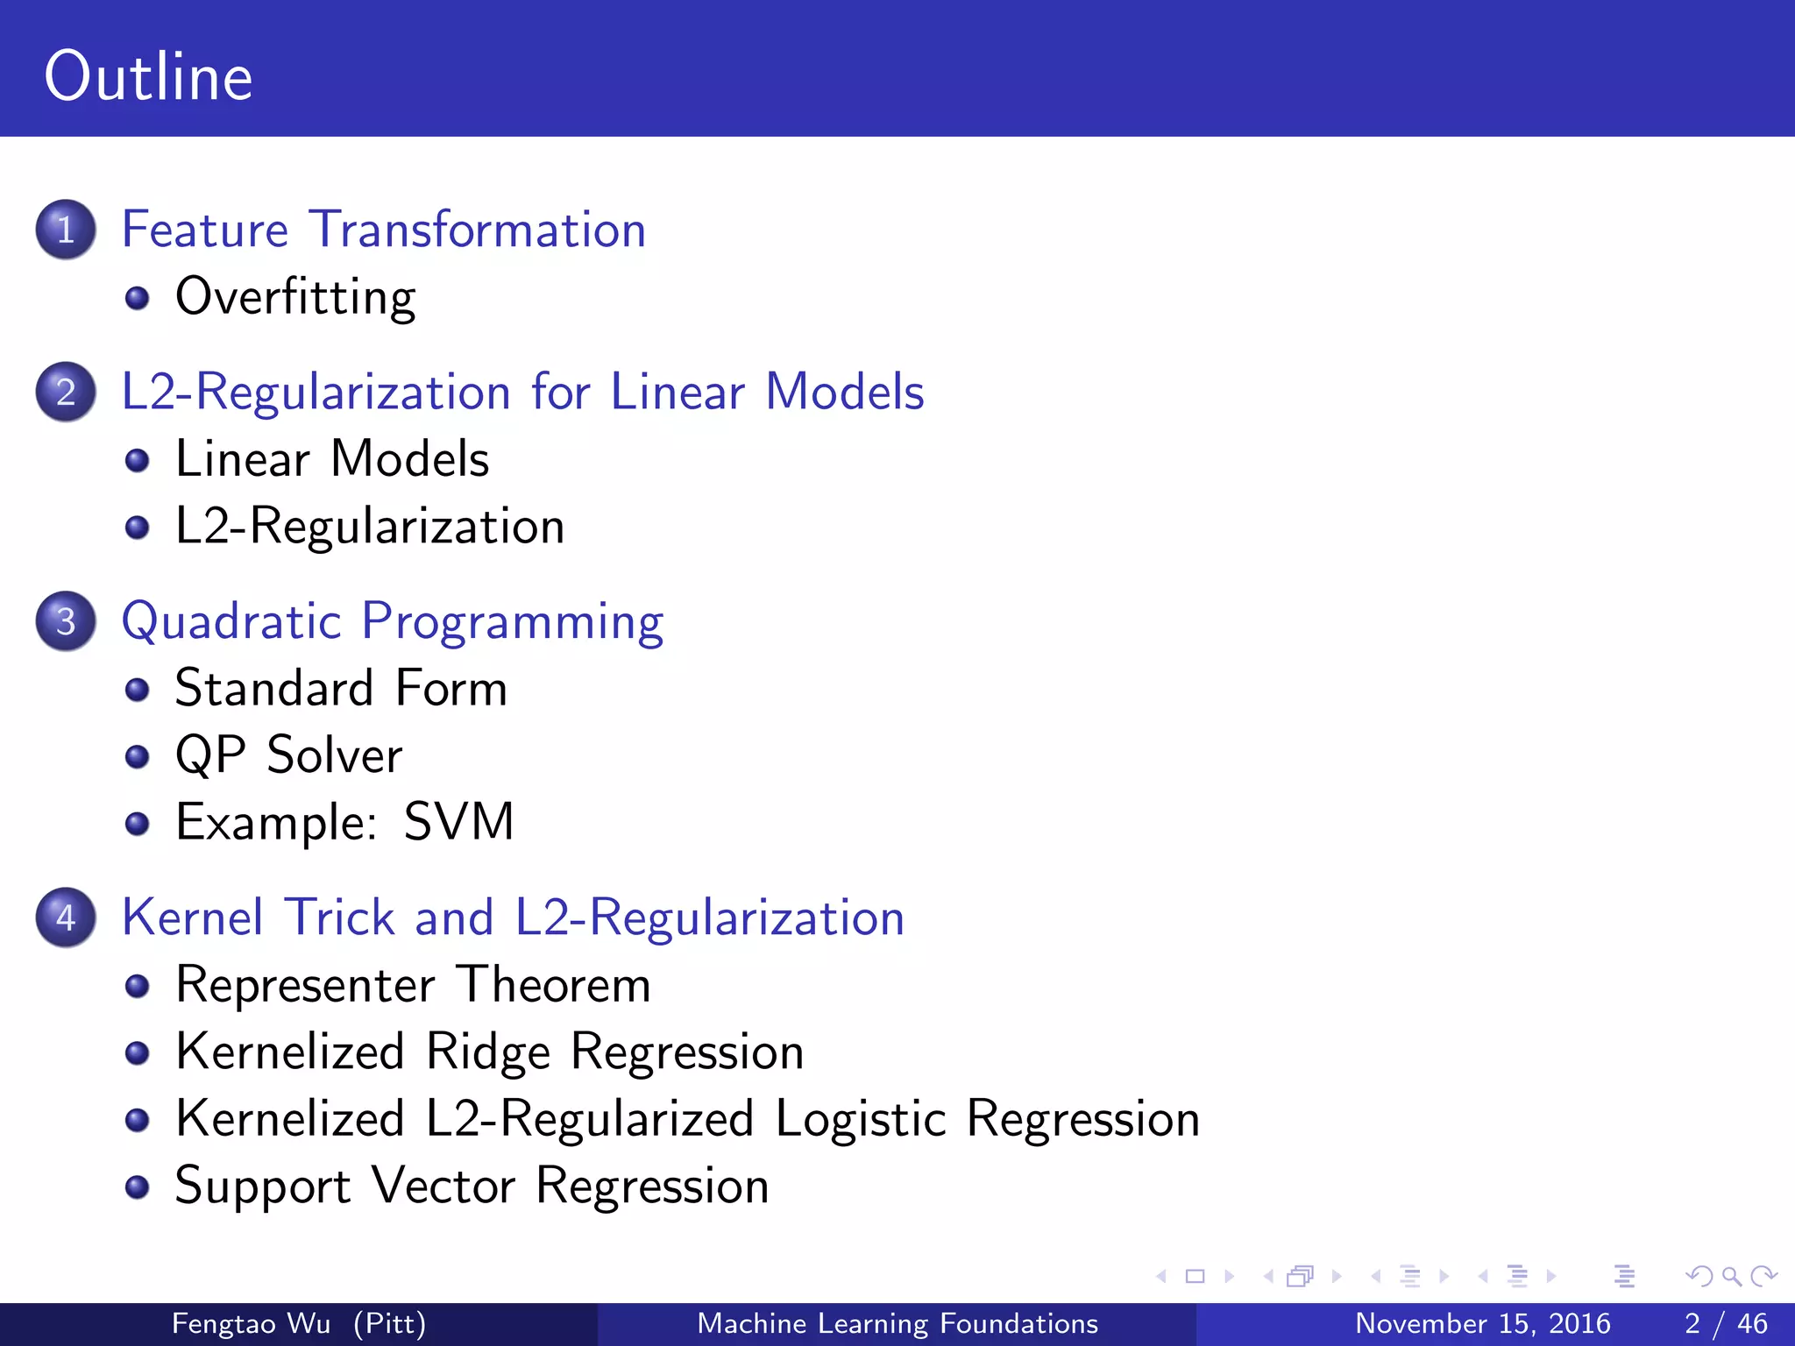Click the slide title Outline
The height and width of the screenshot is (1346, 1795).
tap(148, 77)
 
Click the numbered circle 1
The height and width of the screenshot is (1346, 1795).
tap(66, 230)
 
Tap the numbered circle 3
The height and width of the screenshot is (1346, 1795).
tap(66, 621)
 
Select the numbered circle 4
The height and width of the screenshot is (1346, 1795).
tap(66, 917)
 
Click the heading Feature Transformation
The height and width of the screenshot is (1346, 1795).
tap(384, 230)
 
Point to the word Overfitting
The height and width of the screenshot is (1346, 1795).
tap(295, 297)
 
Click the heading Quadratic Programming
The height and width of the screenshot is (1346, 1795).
tap(392, 621)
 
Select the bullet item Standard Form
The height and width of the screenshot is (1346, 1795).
tap(341, 688)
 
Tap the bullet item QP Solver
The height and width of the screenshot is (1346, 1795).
tap(288, 754)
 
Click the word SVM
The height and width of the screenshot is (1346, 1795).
tap(458, 822)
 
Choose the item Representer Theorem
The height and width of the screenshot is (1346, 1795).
tap(413, 984)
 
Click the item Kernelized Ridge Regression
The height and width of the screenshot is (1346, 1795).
tap(489, 1052)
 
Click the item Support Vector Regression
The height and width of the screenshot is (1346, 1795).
tap(472, 1186)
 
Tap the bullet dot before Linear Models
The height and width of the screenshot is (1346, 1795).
tap(137, 460)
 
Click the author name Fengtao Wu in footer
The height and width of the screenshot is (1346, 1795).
tap(251, 1323)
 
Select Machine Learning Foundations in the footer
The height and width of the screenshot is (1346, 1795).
tap(897, 1323)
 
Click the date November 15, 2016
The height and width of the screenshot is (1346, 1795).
tap(1482, 1323)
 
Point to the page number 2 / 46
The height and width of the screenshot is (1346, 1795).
tap(1725, 1323)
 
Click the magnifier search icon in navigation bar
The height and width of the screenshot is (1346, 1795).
tap(1731, 1276)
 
